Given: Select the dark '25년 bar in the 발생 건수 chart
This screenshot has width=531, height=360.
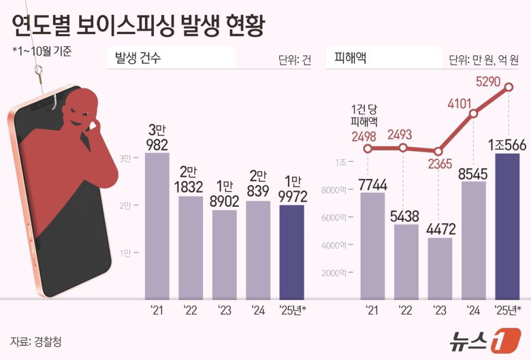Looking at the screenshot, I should tap(292, 252).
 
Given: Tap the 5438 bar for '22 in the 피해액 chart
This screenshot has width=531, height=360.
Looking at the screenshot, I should tap(406, 261).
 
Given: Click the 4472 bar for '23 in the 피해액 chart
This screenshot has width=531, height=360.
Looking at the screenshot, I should tap(440, 268).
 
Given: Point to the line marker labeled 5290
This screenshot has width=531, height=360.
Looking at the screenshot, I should tap(508, 95).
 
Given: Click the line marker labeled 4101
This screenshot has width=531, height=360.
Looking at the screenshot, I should tap(474, 114).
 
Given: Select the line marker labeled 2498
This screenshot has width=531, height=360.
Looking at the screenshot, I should tap(369, 148).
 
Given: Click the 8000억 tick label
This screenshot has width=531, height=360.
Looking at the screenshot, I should tap(342, 191).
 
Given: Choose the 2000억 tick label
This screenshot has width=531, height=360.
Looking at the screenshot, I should tap(342, 273).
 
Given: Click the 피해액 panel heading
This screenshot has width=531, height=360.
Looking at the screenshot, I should tap(351, 59).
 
